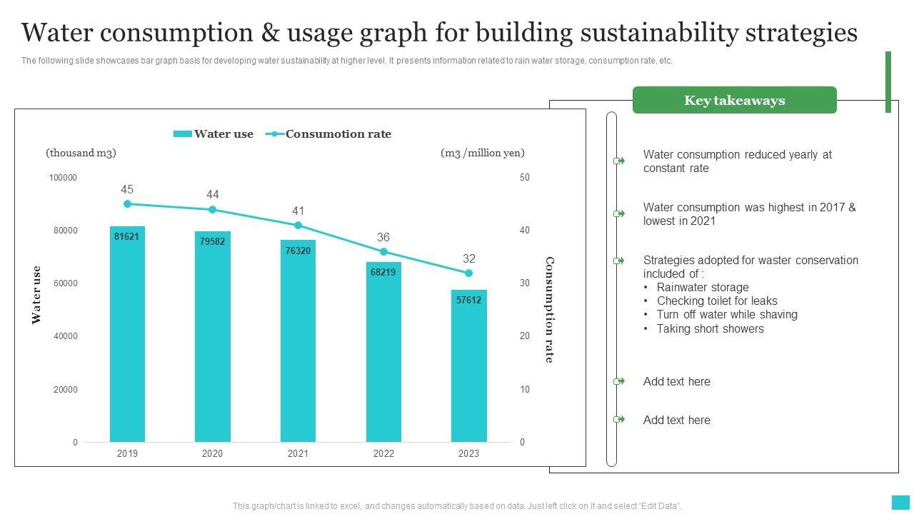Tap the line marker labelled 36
383,252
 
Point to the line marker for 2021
298,226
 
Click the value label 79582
212,241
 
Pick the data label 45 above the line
127,190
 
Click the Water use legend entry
214,134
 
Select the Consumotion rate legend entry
329,134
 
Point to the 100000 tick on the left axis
63,178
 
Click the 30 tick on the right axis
525,283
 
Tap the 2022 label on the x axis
383,453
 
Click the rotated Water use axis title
36,295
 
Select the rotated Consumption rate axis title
549,310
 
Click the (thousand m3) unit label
81,153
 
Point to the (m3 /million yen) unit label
483,153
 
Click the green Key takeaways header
734,101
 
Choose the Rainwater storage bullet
703,287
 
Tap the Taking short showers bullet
710,328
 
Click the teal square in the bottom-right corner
900,502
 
